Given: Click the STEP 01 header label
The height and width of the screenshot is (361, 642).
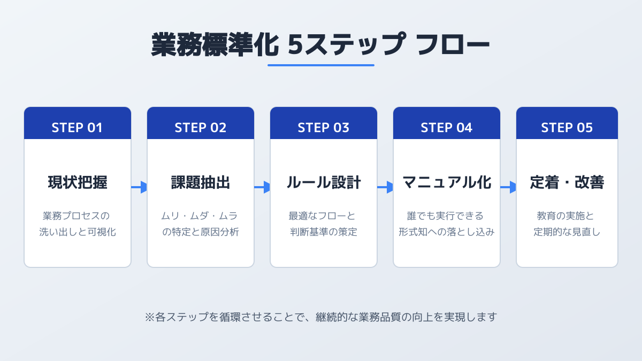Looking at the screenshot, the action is point(77,127).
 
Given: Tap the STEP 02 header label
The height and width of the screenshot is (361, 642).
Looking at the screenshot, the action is point(200,127).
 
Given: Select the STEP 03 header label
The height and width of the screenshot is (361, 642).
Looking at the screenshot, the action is point(323,127).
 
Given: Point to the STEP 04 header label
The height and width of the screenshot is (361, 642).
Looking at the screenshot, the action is point(446,127).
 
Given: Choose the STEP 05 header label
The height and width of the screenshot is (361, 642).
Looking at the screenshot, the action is point(567,127).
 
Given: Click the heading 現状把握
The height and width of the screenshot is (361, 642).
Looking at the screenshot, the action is point(78,182).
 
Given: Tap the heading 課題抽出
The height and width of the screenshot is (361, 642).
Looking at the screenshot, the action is point(200,182).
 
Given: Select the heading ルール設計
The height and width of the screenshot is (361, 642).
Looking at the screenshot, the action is point(323,182).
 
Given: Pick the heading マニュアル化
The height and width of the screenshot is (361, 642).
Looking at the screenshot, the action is point(447,182).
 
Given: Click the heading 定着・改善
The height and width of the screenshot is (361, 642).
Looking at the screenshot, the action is point(567,182).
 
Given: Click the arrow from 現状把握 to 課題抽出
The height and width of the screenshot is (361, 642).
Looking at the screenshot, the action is point(139,187).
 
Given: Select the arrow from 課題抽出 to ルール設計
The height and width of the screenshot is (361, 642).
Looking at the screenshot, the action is point(262,187).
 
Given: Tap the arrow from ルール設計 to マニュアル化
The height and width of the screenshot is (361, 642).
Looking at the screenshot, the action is point(385,187).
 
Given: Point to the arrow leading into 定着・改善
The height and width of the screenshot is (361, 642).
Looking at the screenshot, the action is point(508,187).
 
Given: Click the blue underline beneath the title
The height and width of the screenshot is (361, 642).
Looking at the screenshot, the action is point(321,65).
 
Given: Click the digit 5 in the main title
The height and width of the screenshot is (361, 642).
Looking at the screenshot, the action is point(295,44).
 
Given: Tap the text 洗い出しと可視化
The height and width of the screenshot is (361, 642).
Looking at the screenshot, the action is point(78,232).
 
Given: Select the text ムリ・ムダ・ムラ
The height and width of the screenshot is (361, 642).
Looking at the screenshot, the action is point(200,216).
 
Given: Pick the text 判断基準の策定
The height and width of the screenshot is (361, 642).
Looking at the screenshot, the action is point(323,232).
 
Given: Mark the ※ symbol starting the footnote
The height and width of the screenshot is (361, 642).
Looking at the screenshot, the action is point(150,317).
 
